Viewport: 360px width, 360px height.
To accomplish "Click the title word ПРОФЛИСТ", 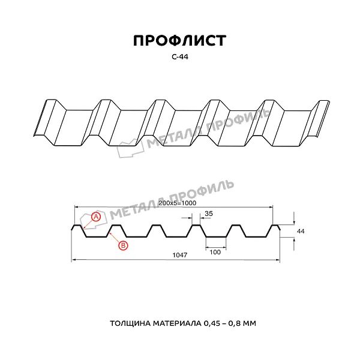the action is click(180, 41).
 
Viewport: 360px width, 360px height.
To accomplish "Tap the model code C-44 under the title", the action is click(180, 57).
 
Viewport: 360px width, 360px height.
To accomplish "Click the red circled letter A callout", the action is click(96, 217).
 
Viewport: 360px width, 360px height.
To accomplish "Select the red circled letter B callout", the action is click(123, 245).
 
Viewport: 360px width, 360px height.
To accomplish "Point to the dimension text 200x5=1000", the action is click(177, 203).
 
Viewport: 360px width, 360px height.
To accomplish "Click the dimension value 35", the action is click(209, 214).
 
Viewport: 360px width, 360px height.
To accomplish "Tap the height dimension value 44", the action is click(301, 231).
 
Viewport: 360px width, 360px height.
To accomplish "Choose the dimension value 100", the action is click(215, 252).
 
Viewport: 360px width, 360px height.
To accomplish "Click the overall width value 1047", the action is click(180, 255).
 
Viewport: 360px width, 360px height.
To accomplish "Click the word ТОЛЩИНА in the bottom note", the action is click(130, 323).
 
